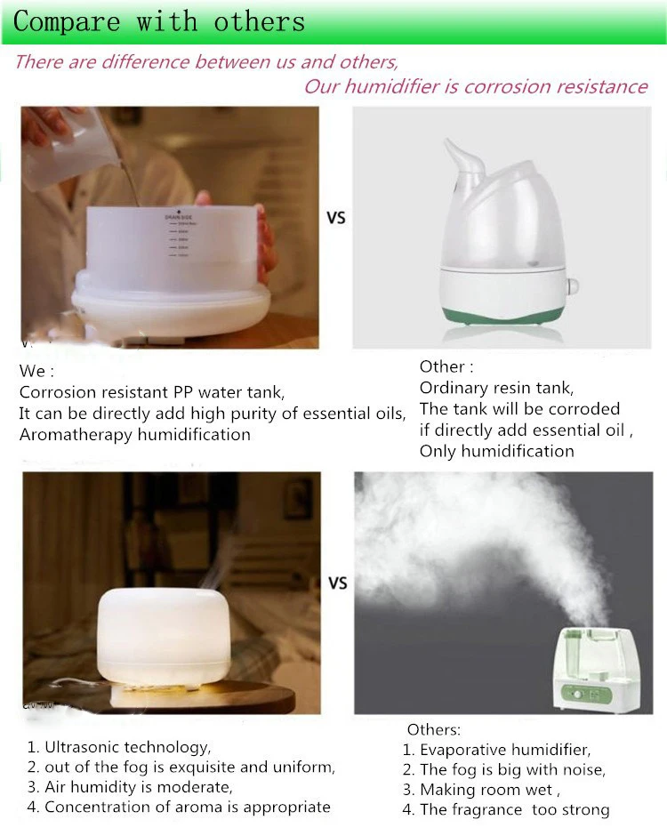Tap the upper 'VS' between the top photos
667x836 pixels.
click(x=335, y=217)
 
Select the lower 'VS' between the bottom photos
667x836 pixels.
click(x=337, y=583)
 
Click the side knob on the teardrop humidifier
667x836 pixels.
click(x=573, y=286)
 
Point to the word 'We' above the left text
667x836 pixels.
click(x=36, y=371)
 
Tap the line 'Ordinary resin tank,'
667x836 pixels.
click(x=496, y=388)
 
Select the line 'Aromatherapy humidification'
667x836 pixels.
click(x=134, y=435)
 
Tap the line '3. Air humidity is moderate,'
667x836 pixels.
click(x=129, y=787)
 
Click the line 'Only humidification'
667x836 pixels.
click(x=496, y=451)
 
